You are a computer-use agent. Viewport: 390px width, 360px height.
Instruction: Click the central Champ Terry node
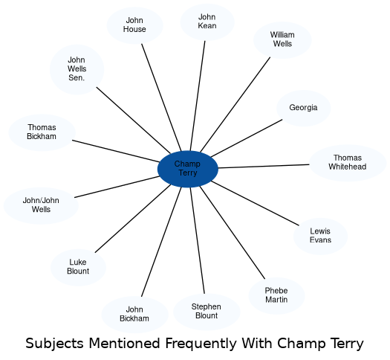[x=188, y=169]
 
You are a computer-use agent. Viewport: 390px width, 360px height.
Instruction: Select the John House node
[x=134, y=25]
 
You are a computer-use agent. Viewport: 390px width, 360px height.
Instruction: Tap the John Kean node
[x=207, y=22]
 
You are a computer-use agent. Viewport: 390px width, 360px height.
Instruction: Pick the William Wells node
[x=282, y=40]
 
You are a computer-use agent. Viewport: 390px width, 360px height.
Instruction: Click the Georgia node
[x=303, y=108]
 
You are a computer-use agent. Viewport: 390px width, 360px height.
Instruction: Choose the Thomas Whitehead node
[x=348, y=163]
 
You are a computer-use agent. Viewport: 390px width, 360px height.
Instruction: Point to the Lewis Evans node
[x=320, y=236]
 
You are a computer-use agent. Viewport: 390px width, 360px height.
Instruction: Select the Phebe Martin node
[x=276, y=295]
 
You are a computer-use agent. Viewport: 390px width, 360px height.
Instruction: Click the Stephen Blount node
[x=207, y=312]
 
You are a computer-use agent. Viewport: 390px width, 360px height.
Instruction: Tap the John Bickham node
[x=134, y=315]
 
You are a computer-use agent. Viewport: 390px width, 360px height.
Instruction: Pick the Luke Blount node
[x=78, y=267]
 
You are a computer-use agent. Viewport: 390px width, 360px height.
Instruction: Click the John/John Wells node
[x=41, y=205]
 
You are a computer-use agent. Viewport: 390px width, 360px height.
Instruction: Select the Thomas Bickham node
[x=42, y=132]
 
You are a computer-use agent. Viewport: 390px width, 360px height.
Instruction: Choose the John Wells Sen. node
[x=77, y=69]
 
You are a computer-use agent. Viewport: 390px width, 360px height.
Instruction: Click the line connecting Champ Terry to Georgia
[x=247, y=138]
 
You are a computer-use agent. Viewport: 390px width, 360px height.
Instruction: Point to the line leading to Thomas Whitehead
[x=264, y=167]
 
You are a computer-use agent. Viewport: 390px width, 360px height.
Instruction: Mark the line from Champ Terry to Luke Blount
[x=133, y=219]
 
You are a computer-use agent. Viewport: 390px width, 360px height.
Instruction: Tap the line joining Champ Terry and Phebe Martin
[x=233, y=233]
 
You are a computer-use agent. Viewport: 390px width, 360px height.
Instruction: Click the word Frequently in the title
[x=201, y=344]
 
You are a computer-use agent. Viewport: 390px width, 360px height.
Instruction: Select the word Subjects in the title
[x=54, y=344]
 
